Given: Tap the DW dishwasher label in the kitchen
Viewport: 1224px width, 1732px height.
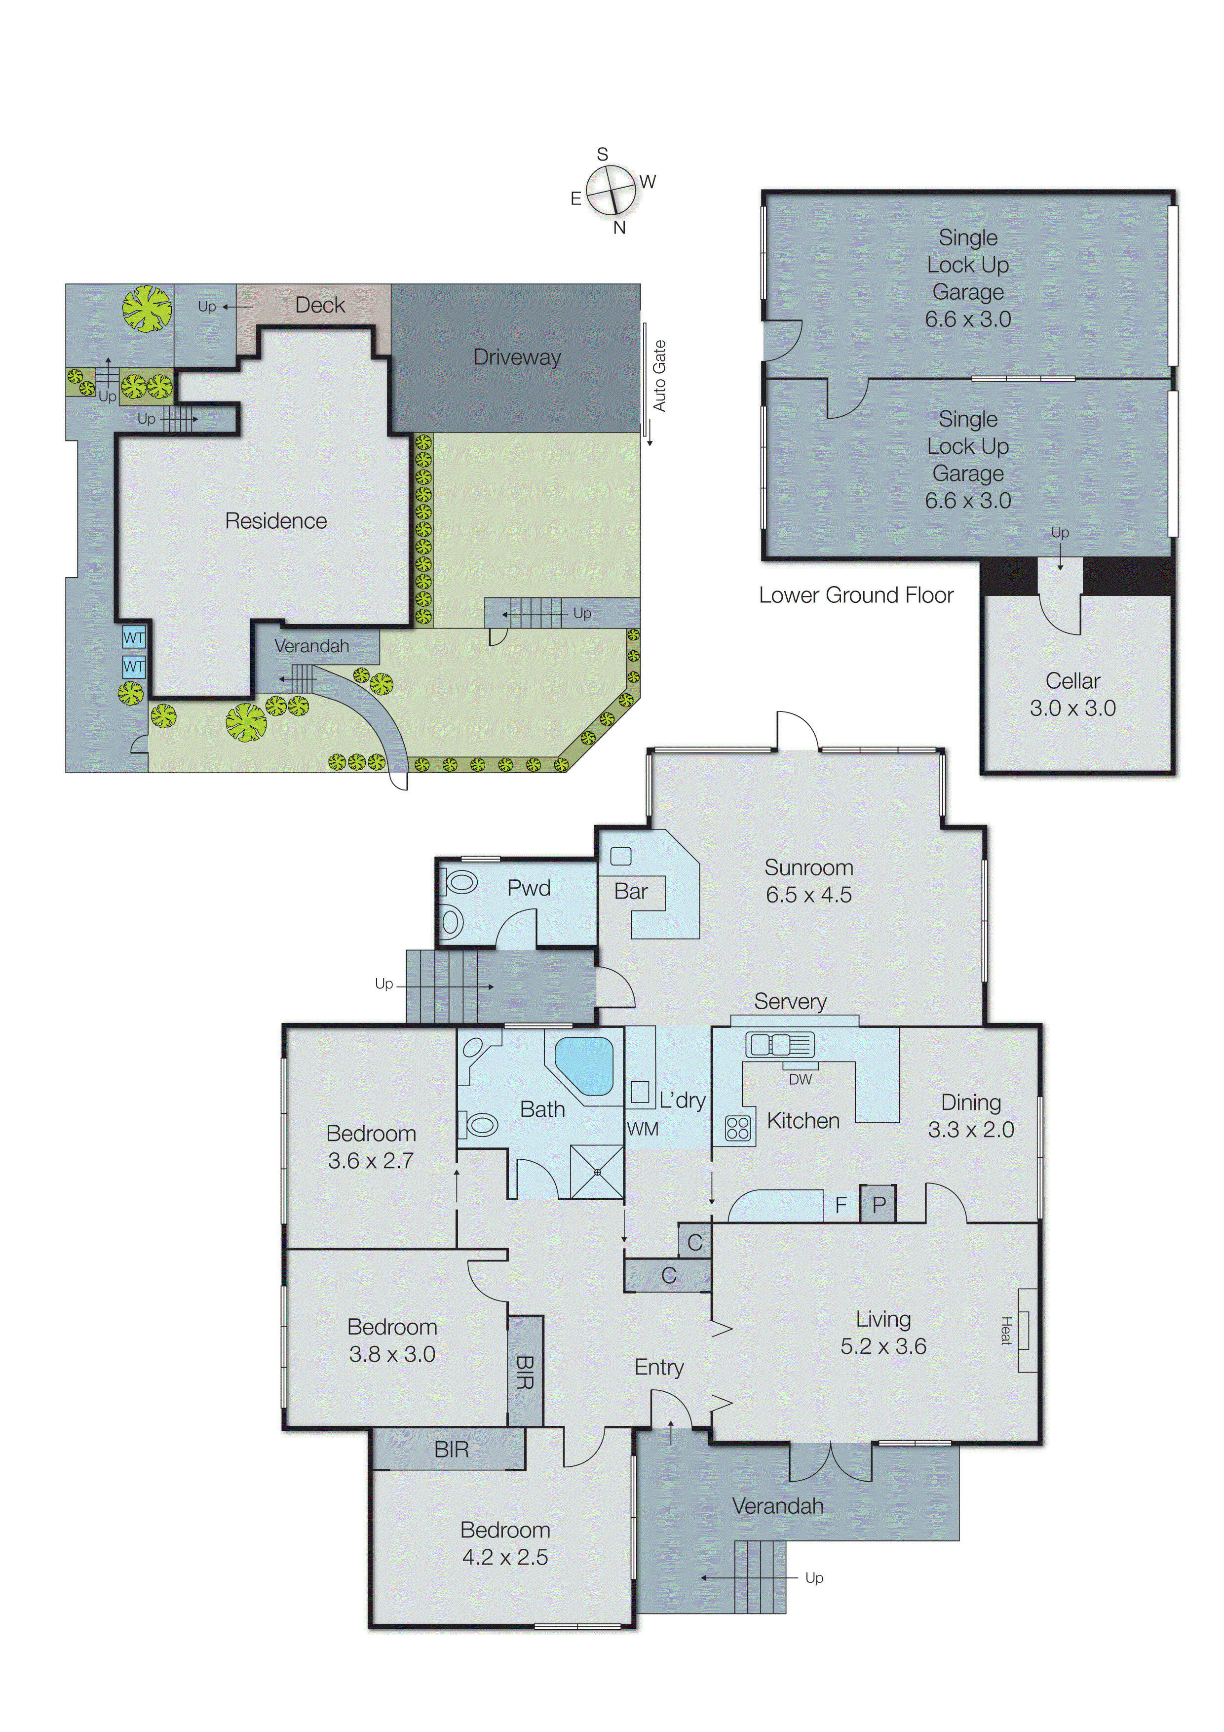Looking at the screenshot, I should [x=800, y=1079].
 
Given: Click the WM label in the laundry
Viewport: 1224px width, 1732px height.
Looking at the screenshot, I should [x=643, y=1129].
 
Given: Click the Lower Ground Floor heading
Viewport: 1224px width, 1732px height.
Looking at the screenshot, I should [x=856, y=595].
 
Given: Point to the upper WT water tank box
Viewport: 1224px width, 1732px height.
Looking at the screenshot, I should [x=133, y=637].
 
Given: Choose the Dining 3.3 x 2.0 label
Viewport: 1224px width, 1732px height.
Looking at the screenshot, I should [x=971, y=1116].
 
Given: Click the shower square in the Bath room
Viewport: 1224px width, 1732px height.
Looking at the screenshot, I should [x=597, y=1172].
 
